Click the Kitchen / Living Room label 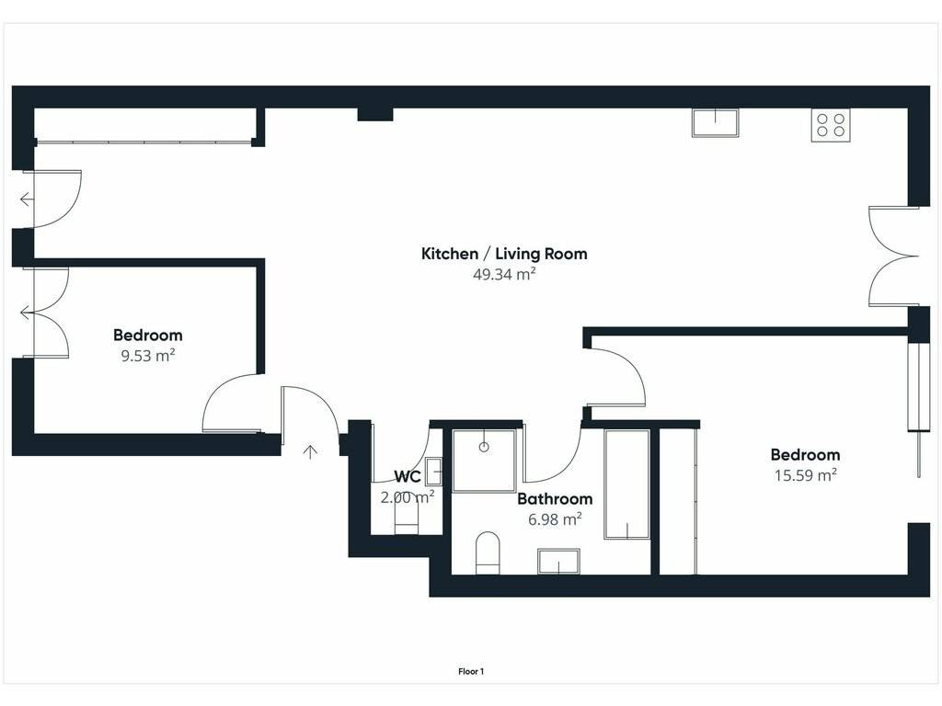pos(504,254)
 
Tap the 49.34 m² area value pos(504,274)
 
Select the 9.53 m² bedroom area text pos(148,356)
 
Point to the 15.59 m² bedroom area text pos(805,475)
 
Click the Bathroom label pos(555,499)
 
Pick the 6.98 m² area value pos(555,518)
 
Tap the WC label pos(407,477)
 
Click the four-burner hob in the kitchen pos(831,125)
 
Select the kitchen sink pos(715,122)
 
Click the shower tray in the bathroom pos(484,461)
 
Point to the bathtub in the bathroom pos(626,484)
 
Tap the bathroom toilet pos(488,552)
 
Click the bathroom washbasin pos(558,562)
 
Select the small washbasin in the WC pos(434,472)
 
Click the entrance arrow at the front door pos(310,451)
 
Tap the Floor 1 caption pos(471,672)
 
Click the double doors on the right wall pos(893,256)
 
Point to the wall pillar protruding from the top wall pos(375,115)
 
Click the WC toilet pos(406,517)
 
